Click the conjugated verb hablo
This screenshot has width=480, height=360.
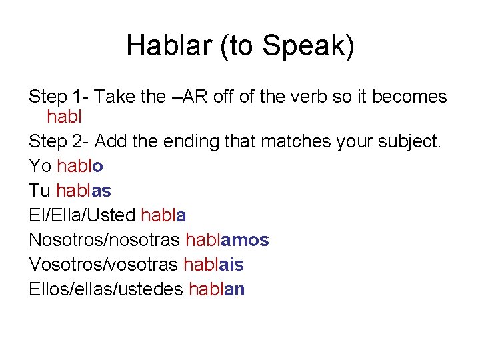[80, 166]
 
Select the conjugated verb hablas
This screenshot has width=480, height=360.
[83, 191]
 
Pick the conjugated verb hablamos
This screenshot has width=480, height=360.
[227, 240]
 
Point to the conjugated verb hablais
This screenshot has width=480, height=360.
[213, 265]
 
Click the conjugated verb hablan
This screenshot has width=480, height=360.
[217, 289]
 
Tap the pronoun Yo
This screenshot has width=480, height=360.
[41, 166]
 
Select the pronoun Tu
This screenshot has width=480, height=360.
[40, 191]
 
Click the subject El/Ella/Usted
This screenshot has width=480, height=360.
[83, 215]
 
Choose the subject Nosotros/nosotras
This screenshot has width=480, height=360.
[105, 240]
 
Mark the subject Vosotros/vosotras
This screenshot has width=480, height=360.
[103, 265]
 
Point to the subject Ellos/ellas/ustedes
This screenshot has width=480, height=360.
[107, 289]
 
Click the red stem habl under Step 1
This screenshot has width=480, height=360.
[64, 117]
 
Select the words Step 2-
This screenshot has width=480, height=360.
[59, 142]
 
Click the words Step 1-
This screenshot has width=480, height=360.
[59, 97]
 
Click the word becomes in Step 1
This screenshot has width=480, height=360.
[409, 97]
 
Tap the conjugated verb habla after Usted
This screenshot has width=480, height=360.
[163, 215]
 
